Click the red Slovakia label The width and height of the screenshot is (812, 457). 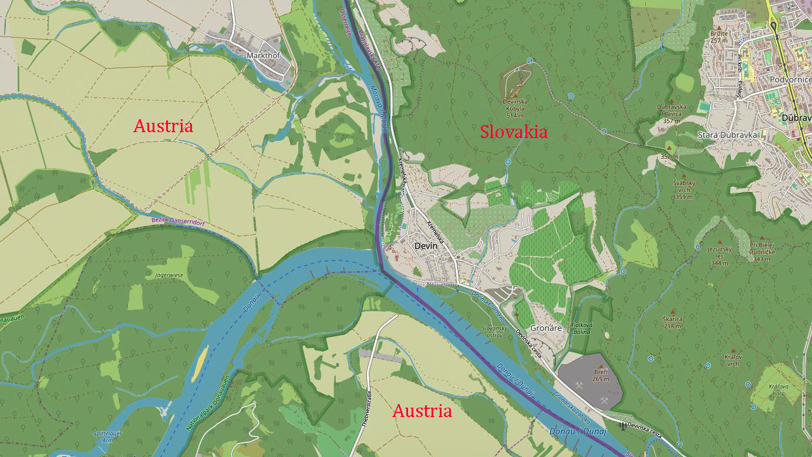click(x=514, y=132)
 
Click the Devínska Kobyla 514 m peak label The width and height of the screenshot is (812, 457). click(x=515, y=105)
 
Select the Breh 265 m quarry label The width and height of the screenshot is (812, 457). click(x=601, y=375)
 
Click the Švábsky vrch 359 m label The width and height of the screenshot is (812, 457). click(x=685, y=190)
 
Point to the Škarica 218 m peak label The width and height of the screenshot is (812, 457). click(x=673, y=322)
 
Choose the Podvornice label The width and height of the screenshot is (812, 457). click(x=790, y=79)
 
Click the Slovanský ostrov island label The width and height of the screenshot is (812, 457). click(x=494, y=331)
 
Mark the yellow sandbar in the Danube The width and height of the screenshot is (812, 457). click(x=201, y=358)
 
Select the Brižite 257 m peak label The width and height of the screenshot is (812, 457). click(x=719, y=36)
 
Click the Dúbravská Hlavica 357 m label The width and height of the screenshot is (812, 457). click(x=672, y=113)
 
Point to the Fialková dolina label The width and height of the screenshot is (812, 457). click(x=582, y=328)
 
